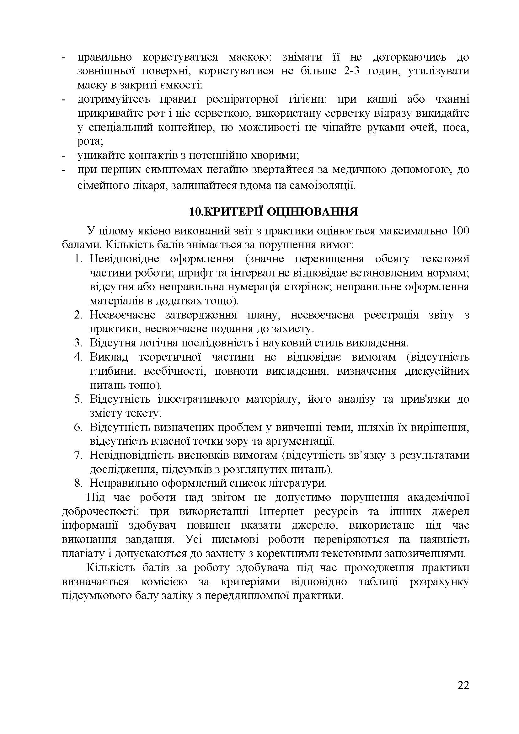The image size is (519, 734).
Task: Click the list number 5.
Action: pyautogui.click(x=79, y=399)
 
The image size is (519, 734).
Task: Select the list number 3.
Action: pyautogui.click(x=79, y=343)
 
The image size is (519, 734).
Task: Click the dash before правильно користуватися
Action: pyautogui.click(x=64, y=57)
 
